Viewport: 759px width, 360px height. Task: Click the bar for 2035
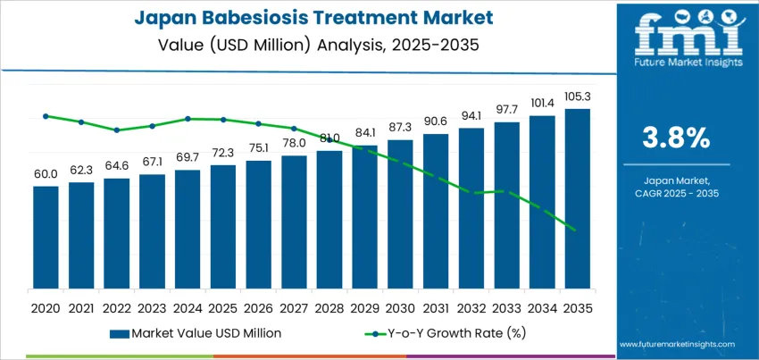[x=578, y=199]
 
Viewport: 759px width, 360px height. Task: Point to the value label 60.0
[x=46, y=174]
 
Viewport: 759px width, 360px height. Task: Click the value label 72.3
[x=223, y=153]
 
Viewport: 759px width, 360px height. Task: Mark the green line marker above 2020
[x=46, y=116]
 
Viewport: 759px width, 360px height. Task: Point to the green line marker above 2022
[x=117, y=130]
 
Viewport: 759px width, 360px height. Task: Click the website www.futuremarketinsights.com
[x=676, y=344]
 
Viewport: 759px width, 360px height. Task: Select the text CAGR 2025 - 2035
[x=676, y=193]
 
